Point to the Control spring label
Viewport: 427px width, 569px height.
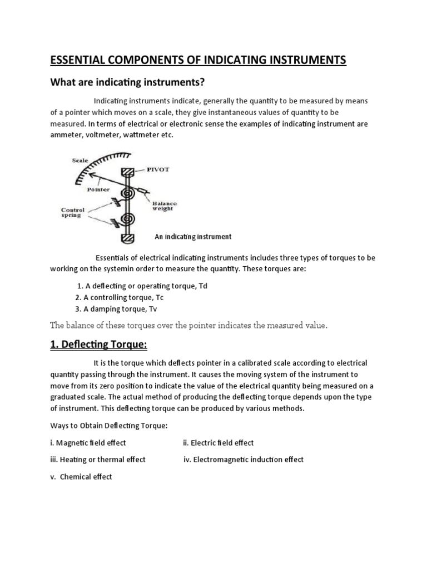point(72,214)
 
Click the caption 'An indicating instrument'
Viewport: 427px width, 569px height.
point(193,237)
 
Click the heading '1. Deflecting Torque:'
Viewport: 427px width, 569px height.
point(98,345)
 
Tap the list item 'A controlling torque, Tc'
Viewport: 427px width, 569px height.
point(120,297)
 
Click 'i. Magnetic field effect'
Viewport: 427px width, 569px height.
point(88,443)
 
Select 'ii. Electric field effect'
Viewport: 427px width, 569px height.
point(218,443)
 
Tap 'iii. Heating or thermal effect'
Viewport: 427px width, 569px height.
point(98,460)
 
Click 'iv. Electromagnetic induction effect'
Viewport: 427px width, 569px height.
point(244,460)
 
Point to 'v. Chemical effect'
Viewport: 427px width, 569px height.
point(81,477)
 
